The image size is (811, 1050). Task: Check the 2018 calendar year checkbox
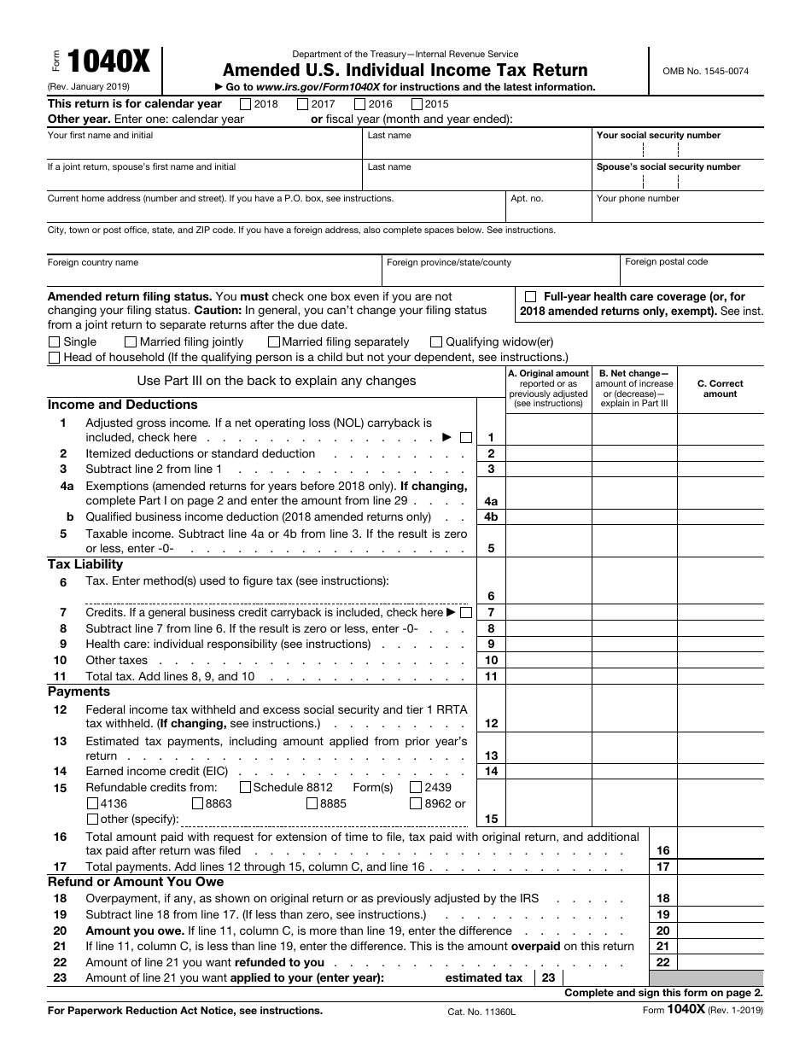point(246,104)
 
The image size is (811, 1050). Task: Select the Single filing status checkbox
point(55,342)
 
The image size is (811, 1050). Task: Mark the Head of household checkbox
point(55,358)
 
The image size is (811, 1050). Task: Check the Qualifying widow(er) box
point(436,342)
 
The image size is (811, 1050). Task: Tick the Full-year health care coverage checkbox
point(531,296)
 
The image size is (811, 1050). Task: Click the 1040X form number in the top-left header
point(108,63)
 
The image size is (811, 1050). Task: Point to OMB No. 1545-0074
point(705,72)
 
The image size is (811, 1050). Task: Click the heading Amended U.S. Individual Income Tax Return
point(405,70)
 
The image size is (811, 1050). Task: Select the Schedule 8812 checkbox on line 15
point(246,787)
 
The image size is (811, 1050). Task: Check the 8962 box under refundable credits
point(416,803)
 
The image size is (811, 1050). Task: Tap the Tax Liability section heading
point(85,564)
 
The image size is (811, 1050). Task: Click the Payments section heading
point(79,691)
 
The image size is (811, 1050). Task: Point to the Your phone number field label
point(638,199)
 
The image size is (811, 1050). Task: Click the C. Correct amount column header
point(720,389)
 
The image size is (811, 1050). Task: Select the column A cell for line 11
point(548,676)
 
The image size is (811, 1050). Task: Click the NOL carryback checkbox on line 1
point(465,438)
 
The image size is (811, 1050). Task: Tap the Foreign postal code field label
point(666,262)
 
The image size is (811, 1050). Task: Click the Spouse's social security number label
point(668,167)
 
